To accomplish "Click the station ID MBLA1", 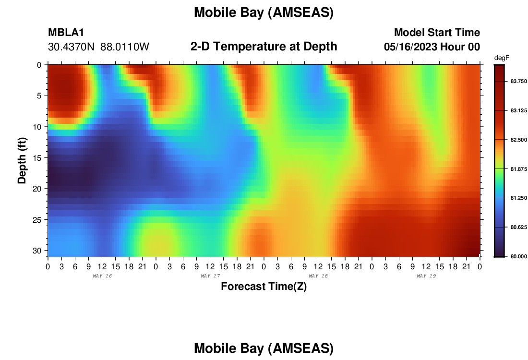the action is (66, 32).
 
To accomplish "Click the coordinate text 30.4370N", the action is (72, 47).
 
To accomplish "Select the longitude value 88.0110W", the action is (125, 47).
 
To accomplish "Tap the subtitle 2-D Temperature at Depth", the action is (264, 47).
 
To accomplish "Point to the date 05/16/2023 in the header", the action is (410, 47).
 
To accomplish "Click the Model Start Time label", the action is (437, 32).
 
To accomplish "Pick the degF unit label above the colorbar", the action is (502, 58).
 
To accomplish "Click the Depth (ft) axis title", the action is (22, 160).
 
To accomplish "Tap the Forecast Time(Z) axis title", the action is (264, 286).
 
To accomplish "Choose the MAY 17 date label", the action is (210, 276).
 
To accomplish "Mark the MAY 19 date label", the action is (426, 276).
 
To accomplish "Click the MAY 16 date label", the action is (102, 276).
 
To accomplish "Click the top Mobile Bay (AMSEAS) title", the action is (264, 12).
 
